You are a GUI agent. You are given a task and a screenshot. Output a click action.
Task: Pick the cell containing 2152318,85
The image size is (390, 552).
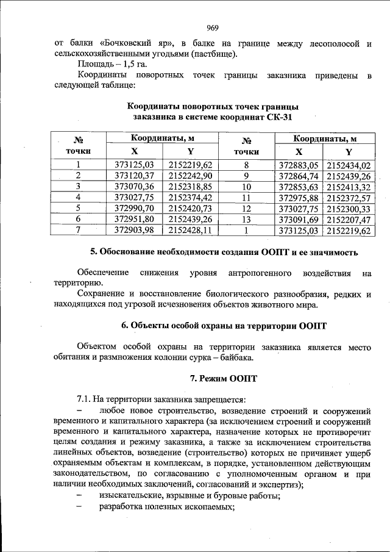pyautogui.click(x=191, y=187)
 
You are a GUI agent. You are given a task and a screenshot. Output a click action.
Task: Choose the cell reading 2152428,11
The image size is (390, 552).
pyautogui.click(x=191, y=230)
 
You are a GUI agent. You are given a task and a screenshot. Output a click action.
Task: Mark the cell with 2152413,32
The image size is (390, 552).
pyautogui.click(x=349, y=187)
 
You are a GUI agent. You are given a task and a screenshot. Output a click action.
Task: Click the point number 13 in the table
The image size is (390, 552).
pyautogui.click(x=247, y=219)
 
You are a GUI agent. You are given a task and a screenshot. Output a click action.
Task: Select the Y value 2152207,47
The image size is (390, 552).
pyautogui.click(x=349, y=219)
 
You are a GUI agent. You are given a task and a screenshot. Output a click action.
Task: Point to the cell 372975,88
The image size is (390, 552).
pyautogui.click(x=299, y=198)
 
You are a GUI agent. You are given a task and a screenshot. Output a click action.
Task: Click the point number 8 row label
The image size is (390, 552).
pyautogui.click(x=247, y=165)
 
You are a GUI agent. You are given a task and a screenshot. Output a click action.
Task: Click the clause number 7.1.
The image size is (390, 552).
pyautogui.click(x=85, y=400)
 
